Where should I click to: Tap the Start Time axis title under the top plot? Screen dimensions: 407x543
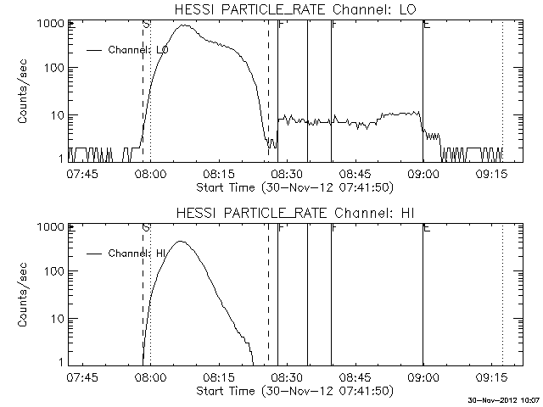[294, 185]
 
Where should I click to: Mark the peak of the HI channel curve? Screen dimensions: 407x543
[180, 242]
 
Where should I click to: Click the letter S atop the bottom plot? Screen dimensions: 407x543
[146, 228]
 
